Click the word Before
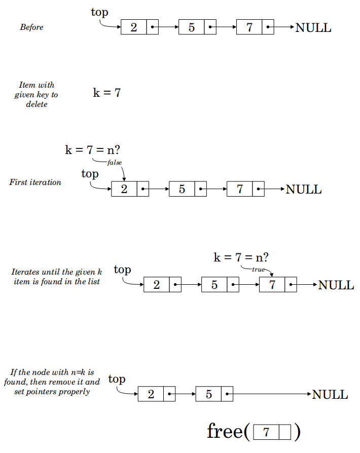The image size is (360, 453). [31, 27]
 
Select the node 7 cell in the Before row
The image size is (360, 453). [249, 27]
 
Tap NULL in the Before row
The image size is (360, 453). [313, 28]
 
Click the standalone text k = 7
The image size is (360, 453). [106, 93]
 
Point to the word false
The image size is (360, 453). [115, 162]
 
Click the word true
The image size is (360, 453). [258, 270]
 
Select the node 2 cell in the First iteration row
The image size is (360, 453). [124, 189]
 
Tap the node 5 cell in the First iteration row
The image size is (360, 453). [182, 189]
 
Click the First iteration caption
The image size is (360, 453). [35, 182]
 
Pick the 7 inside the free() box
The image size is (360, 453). [266, 432]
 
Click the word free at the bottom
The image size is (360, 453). [225, 431]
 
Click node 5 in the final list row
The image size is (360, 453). [208, 394]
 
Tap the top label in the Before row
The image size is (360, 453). [99, 13]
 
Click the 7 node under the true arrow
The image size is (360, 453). [272, 285]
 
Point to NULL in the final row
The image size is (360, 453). [330, 395]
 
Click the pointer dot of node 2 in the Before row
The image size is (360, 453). [153, 27]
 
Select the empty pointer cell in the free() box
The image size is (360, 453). [285, 432]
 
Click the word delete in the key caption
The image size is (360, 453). [37, 104]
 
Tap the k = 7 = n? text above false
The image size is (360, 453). [92, 150]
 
